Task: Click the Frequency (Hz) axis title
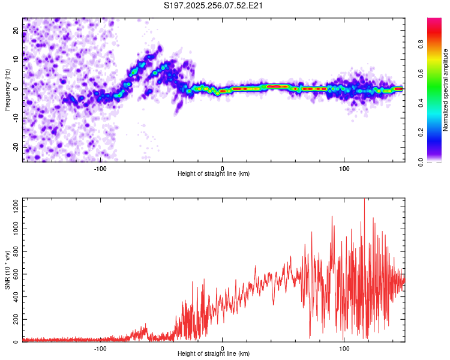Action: (7, 89)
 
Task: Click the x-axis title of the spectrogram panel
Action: (214, 174)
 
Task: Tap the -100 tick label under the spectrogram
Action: (100, 168)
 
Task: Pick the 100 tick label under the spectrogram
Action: (344, 168)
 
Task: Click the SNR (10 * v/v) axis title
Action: (7, 270)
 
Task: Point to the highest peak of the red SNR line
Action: (364, 200)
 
